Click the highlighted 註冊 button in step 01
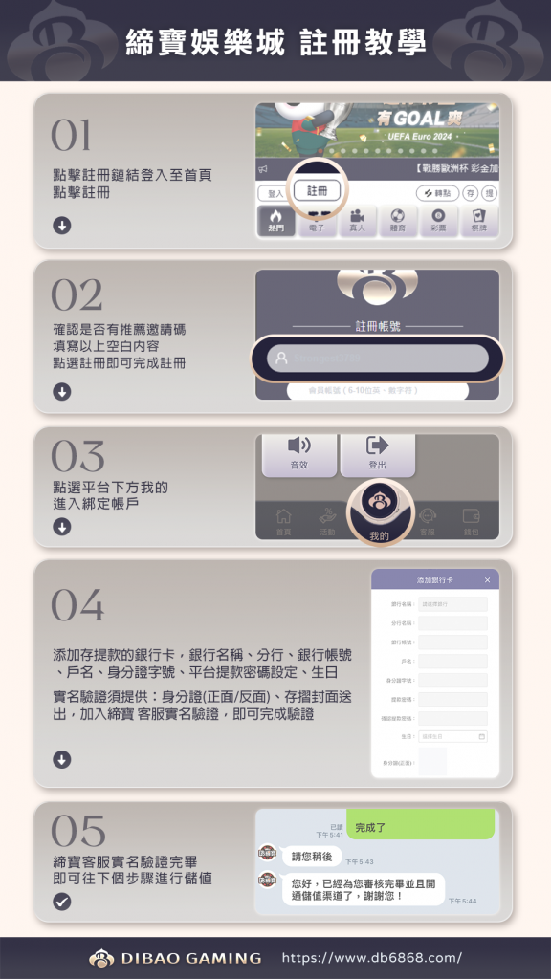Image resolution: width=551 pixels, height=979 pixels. [317, 191]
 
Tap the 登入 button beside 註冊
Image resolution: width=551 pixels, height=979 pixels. [275, 193]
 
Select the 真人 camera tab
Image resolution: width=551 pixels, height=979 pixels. [357, 221]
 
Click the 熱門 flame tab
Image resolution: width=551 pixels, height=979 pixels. [275, 221]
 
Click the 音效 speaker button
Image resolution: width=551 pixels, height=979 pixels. [299, 451]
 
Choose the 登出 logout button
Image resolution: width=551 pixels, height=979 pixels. [377, 451]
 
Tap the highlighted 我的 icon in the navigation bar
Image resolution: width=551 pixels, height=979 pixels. [378, 511]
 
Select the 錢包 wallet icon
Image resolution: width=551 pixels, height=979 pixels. [471, 520]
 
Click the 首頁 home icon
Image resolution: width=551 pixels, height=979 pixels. [283, 520]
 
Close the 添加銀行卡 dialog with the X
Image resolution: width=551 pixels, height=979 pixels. [487, 580]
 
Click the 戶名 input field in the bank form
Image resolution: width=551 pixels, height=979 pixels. [452, 662]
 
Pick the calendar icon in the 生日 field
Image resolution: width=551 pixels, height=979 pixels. [481, 737]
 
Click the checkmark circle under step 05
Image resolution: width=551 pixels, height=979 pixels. [61, 901]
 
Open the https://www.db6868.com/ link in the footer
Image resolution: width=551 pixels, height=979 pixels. [371, 957]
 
